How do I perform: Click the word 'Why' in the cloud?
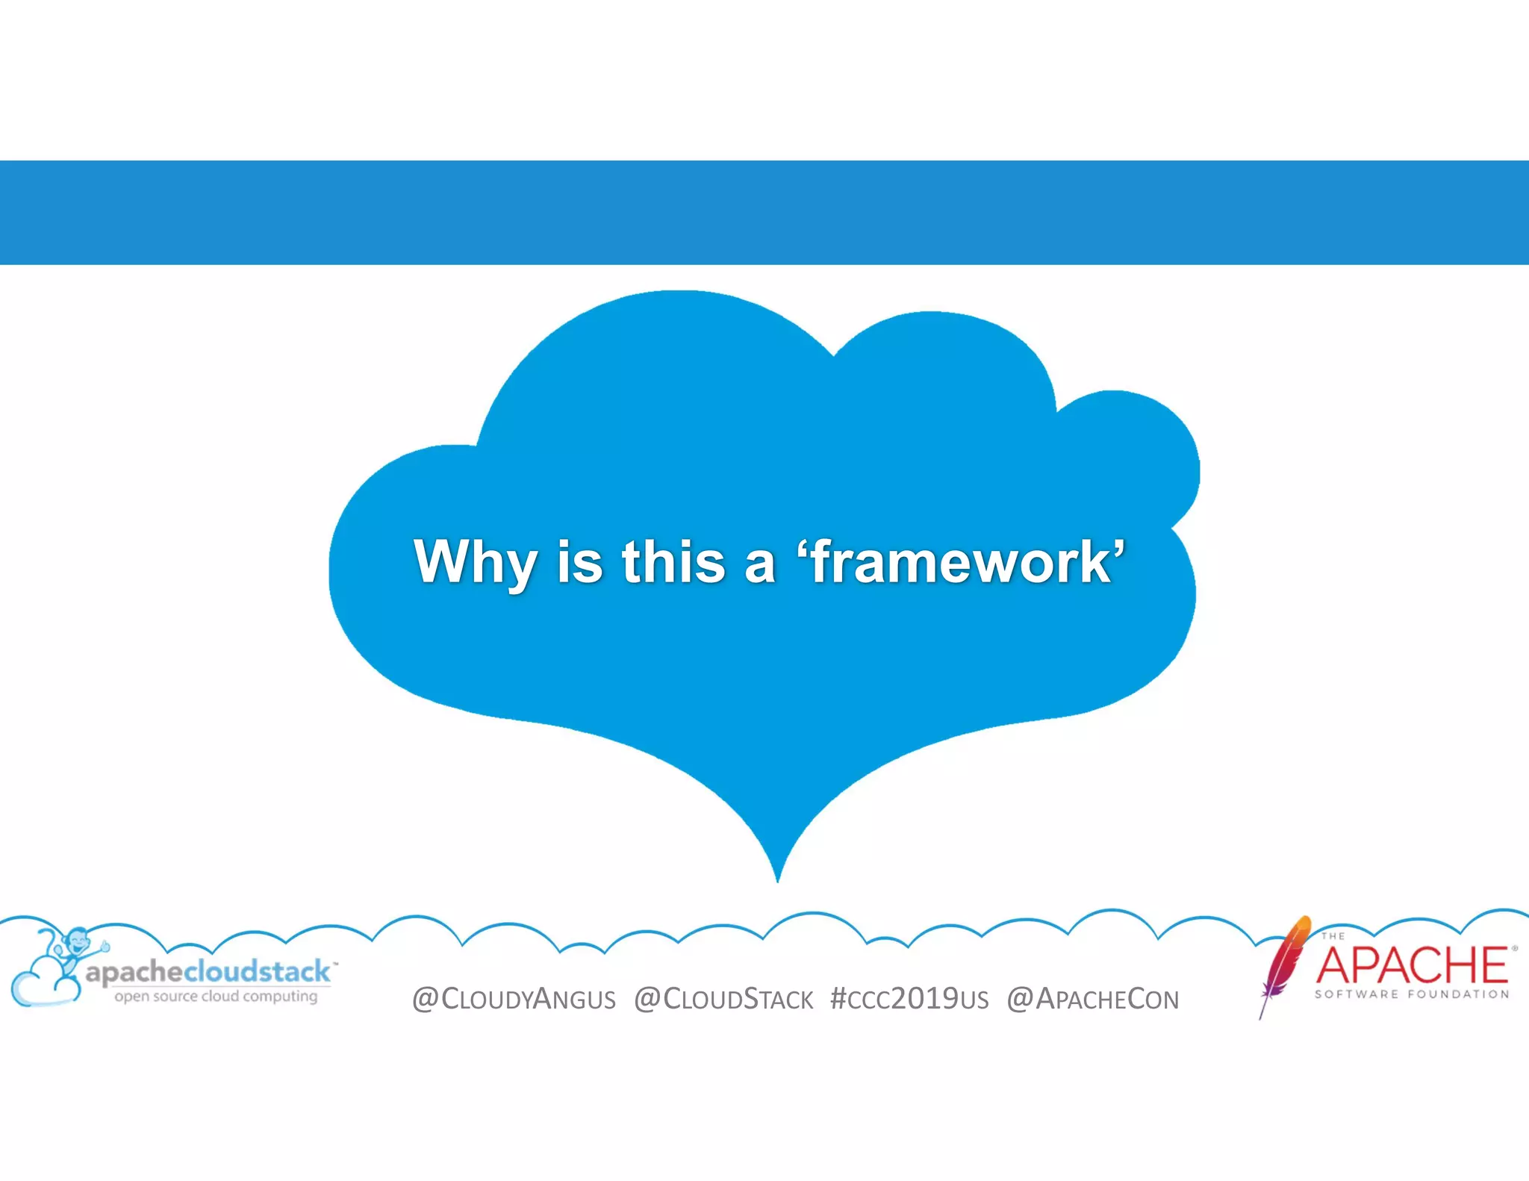pyautogui.click(x=475, y=561)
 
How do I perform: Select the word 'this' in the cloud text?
pyautogui.click(x=673, y=561)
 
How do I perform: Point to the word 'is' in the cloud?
pyautogui.click(x=579, y=561)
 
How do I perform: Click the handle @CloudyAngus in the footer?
pyautogui.click(x=514, y=999)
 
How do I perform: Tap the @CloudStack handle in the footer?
pyautogui.click(x=723, y=999)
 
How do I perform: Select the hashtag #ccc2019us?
pyautogui.click(x=909, y=999)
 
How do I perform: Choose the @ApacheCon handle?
pyautogui.click(x=1093, y=999)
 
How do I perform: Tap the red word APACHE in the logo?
pyautogui.click(x=1411, y=965)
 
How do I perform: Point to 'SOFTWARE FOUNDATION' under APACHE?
pyautogui.click(x=1412, y=994)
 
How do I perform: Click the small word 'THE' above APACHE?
pyautogui.click(x=1333, y=935)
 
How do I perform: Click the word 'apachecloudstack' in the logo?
pyautogui.click(x=208, y=972)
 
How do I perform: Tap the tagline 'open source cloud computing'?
pyautogui.click(x=216, y=996)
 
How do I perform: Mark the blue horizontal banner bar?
pyautogui.click(x=764, y=212)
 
